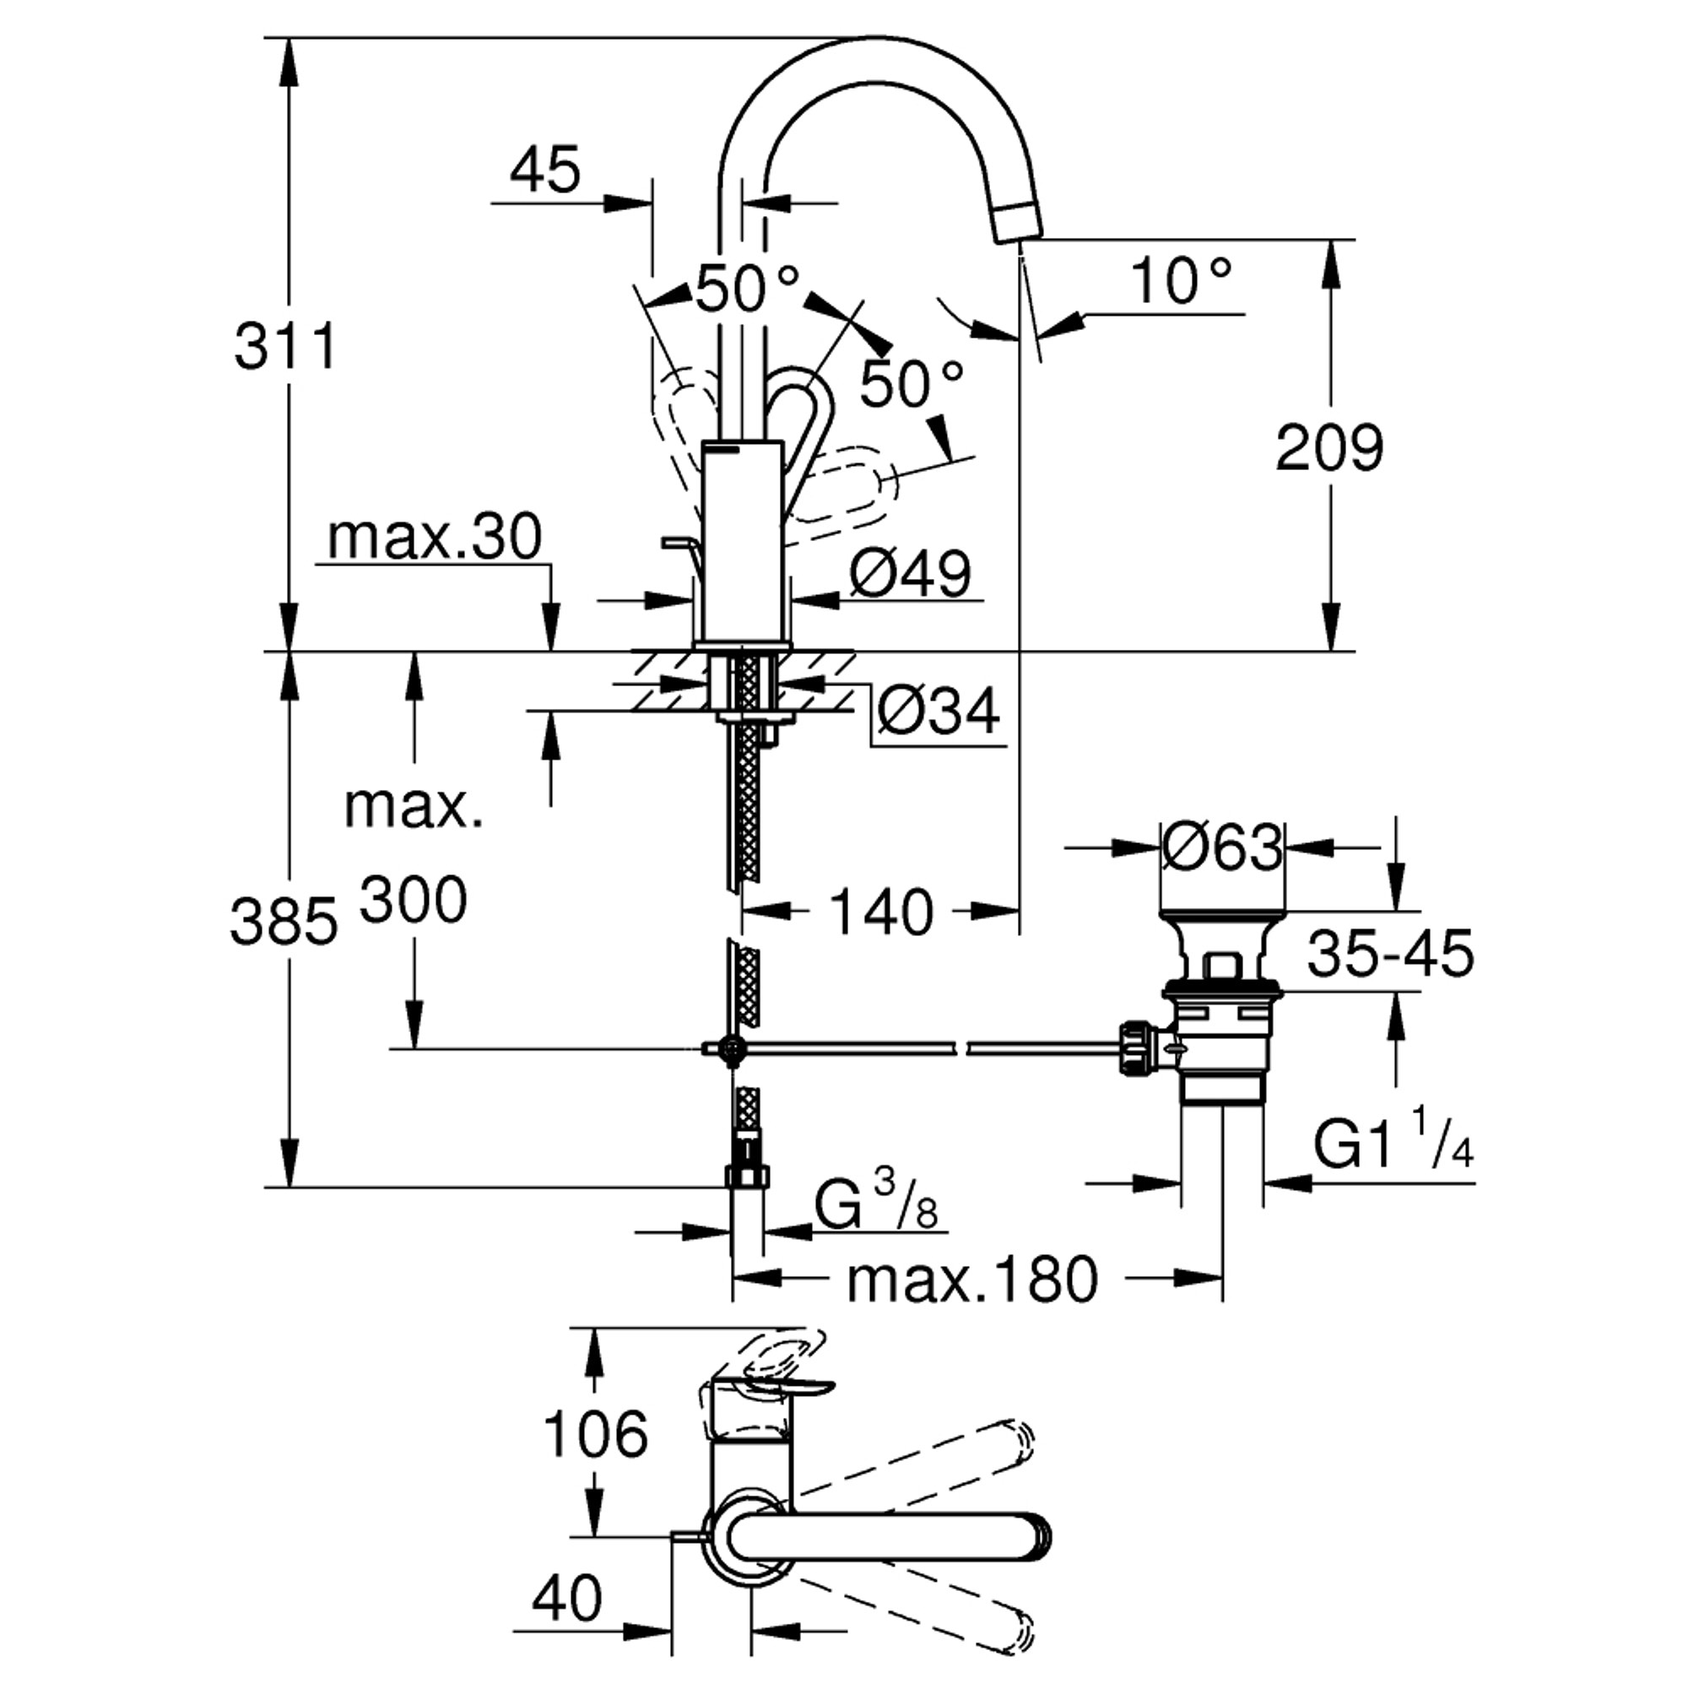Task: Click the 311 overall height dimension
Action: pyautogui.click(x=286, y=347)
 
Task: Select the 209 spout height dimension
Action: pyautogui.click(x=1330, y=448)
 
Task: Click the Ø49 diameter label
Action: pyautogui.click(x=910, y=574)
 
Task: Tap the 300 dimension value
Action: pyautogui.click(x=414, y=900)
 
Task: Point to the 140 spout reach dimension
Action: pyautogui.click(x=880, y=912)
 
